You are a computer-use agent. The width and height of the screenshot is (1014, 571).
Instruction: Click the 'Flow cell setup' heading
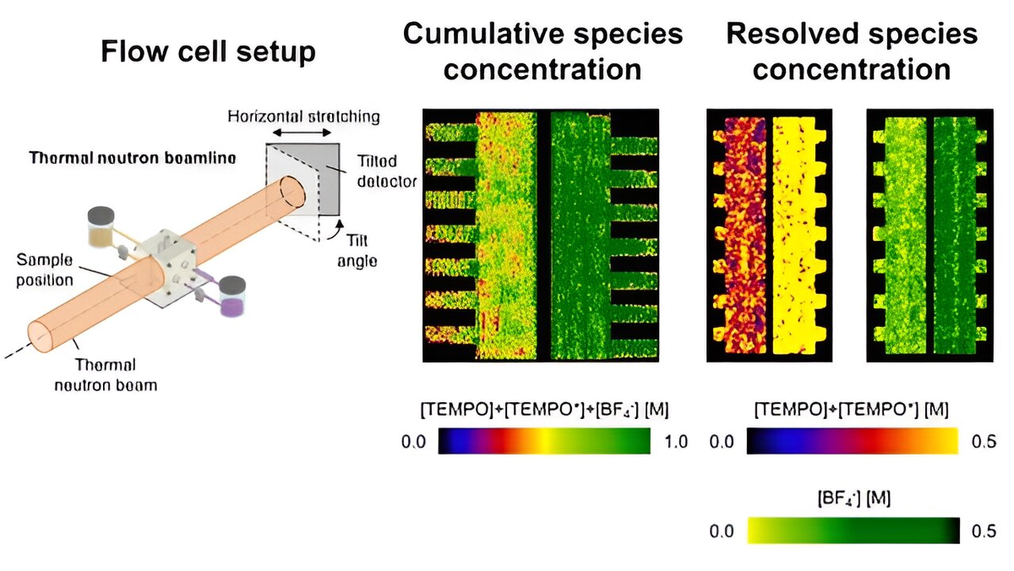(208, 52)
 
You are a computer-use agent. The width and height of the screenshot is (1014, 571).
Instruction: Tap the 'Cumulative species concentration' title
(543, 51)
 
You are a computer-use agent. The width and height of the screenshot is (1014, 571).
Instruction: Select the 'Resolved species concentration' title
(852, 51)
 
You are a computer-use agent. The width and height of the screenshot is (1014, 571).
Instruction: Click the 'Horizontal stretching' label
(303, 116)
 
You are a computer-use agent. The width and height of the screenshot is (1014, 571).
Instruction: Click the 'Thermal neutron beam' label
(105, 375)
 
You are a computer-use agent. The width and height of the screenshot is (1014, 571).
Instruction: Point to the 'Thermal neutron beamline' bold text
(132, 158)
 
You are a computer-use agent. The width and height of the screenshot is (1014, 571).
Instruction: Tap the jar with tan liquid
(101, 228)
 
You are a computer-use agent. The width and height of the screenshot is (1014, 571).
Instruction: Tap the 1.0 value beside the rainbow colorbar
(677, 442)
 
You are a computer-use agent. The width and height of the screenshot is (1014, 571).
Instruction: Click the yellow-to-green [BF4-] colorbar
(853, 531)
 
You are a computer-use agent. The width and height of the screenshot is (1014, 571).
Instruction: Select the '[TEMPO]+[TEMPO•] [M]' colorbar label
(852, 410)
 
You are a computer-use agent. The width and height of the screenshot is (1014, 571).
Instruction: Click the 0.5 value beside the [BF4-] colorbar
(984, 531)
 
